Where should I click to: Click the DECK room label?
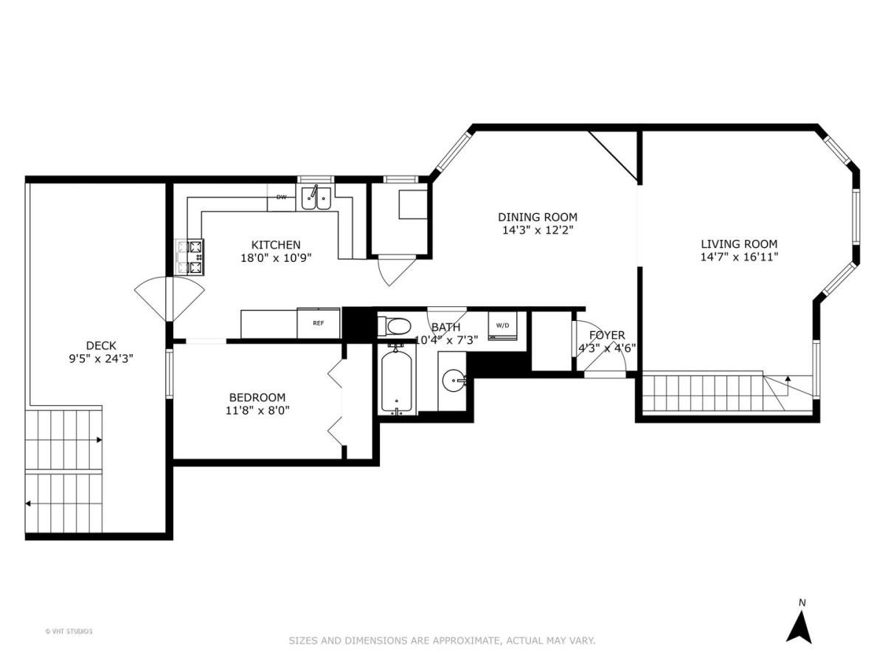(101, 345)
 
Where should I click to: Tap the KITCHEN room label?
(276, 245)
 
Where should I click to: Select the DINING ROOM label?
(537, 217)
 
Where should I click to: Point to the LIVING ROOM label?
(738, 244)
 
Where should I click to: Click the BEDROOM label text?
(257, 397)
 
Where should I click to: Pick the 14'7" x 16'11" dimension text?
(738, 257)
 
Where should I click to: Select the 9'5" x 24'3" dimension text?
(101, 359)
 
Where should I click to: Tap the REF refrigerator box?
(319, 323)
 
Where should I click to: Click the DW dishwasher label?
(281, 197)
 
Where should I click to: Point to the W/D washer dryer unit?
(502, 325)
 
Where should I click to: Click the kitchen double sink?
(317, 198)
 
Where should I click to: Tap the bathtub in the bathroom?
(398, 381)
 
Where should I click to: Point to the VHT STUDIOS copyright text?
(69, 631)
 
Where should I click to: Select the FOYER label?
(606, 335)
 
